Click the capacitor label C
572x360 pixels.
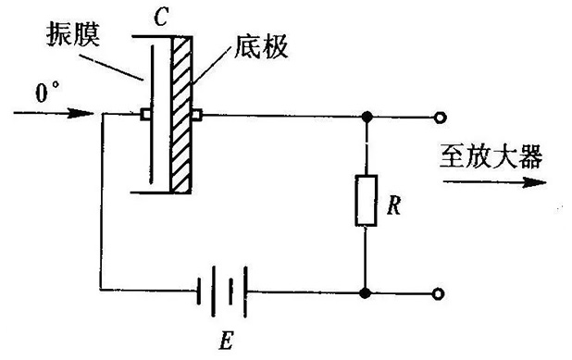pyautogui.click(x=161, y=18)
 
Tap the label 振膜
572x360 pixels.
pyautogui.click(x=73, y=34)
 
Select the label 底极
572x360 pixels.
pyautogui.click(x=261, y=46)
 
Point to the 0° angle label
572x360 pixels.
pyautogui.click(x=47, y=92)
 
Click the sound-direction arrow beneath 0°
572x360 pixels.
pyautogui.click(x=54, y=113)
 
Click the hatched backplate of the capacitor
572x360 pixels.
pyautogui.click(x=181, y=115)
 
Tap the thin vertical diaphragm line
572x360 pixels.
pyautogui.click(x=152, y=115)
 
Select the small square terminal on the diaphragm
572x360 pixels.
pyautogui.click(x=145, y=115)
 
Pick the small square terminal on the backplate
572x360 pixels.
pyautogui.click(x=197, y=115)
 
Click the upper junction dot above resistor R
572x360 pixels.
pyautogui.click(x=367, y=118)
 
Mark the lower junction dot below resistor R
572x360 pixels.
pyautogui.click(x=365, y=292)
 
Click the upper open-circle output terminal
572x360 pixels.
pyautogui.click(x=440, y=118)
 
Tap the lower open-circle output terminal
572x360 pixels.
pyautogui.click(x=438, y=293)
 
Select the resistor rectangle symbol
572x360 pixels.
pyautogui.click(x=366, y=200)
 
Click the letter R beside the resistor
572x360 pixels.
pyautogui.click(x=394, y=205)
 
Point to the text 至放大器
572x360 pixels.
pyautogui.click(x=491, y=156)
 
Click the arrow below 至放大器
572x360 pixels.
pyautogui.click(x=494, y=182)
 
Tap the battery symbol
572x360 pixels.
pyautogui.click(x=222, y=292)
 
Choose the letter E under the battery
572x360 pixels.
pyautogui.click(x=226, y=341)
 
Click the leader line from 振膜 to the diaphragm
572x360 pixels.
pyautogui.click(x=112, y=68)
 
